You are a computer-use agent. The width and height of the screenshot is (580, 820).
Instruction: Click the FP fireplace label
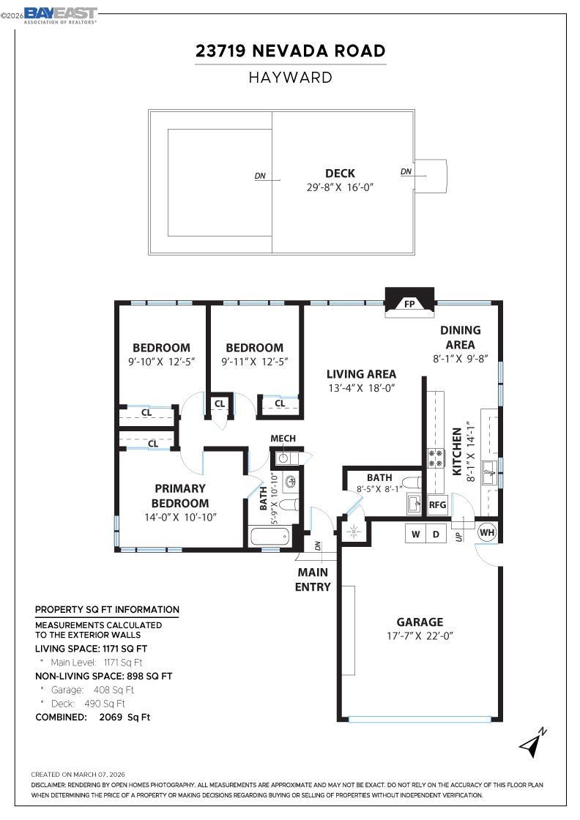coord(409,303)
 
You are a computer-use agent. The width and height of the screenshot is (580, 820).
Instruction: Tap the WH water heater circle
coord(487,532)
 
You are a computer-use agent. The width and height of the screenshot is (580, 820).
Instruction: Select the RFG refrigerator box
coord(437,504)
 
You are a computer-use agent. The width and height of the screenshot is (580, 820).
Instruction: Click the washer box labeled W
coord(416,534)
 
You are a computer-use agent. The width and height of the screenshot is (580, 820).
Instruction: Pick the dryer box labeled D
coord(436,534)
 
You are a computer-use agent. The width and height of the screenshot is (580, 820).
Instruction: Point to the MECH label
coord(283,439)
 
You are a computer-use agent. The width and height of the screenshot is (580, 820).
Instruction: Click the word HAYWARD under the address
coord(290,77)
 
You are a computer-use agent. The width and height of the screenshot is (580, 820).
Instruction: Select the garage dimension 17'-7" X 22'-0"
coord(420,636)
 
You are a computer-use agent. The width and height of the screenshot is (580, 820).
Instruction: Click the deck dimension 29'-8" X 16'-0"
coord(341,187)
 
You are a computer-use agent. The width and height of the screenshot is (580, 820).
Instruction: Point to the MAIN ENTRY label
coord(313,579)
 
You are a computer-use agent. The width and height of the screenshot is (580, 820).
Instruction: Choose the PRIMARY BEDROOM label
coord(180,496)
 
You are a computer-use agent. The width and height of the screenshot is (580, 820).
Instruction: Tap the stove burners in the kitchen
coord(436,458)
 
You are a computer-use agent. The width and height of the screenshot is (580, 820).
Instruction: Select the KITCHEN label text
coord(457,452)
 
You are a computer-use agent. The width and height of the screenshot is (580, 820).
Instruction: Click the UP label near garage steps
coord(459,537)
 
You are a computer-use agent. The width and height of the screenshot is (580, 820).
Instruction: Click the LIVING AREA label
coord(362,374)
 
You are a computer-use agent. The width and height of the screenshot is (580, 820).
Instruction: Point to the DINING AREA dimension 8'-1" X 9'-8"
coord(460,359)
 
